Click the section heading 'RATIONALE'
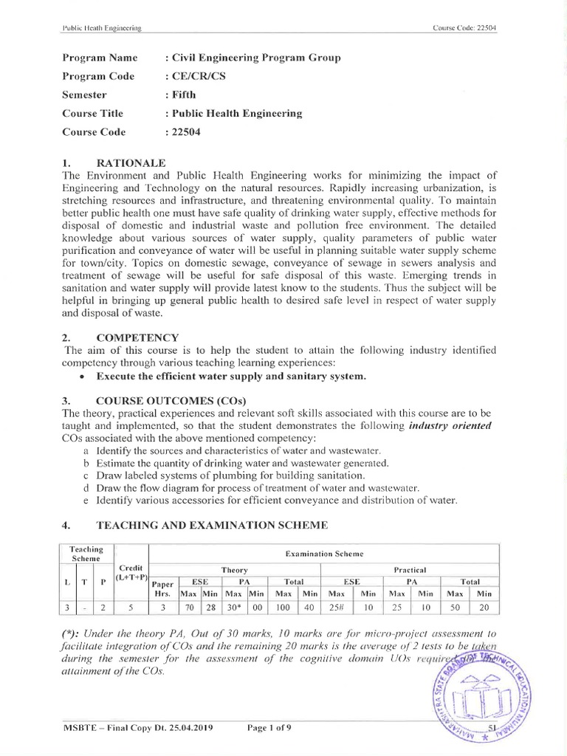131,162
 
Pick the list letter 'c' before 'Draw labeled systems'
86,475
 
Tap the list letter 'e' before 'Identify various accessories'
86,500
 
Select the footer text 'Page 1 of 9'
269,728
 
